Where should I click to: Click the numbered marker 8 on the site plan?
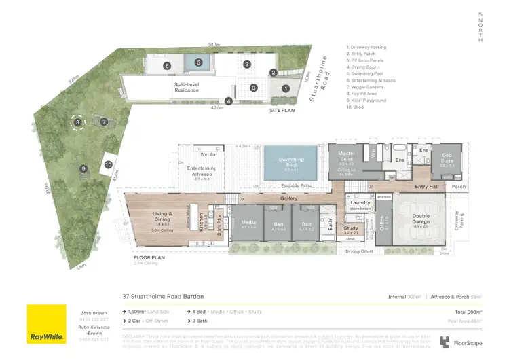(78, 122)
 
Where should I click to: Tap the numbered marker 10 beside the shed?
(109, 164)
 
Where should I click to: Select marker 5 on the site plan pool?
(198, 62)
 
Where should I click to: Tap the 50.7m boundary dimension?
(214, 44)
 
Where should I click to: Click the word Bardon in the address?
(193, 297)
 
